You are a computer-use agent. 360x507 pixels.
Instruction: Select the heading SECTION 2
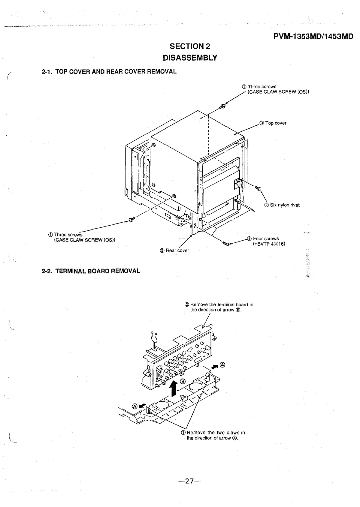coord(190,46)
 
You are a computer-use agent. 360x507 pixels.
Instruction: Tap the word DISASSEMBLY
coord(189,57)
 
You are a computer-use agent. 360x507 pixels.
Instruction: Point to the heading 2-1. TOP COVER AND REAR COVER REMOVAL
coord(109,71)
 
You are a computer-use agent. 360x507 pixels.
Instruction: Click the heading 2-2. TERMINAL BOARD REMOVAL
coord(91,271)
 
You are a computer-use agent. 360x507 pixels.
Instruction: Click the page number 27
coord(189,481)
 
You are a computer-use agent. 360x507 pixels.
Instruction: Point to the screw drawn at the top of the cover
coord(222,106)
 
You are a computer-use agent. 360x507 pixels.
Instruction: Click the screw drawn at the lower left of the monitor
coord(131,220)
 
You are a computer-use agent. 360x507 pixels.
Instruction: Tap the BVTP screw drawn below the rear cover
coord(226,244)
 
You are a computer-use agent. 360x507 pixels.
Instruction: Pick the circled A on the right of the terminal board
coord(222,365)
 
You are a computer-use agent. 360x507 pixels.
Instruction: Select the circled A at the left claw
coord(135,406)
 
